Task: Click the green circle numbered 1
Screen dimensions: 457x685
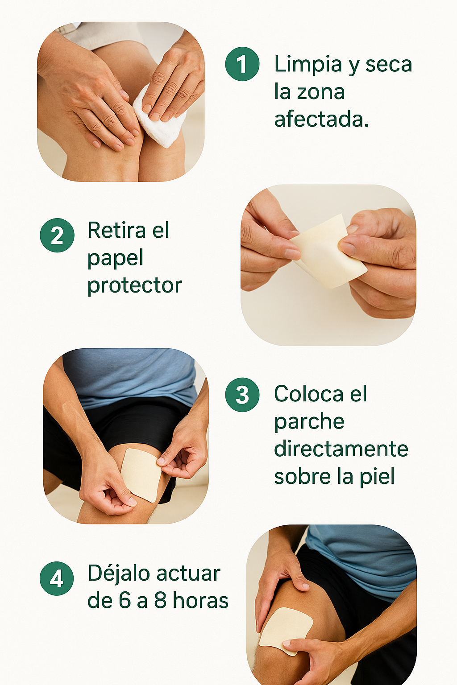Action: [242, 64]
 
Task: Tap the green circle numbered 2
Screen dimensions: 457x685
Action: [57, 235]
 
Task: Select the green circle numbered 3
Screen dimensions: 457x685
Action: [242, 395]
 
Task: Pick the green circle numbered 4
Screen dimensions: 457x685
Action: [57, 578]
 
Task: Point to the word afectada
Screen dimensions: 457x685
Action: [321, 119]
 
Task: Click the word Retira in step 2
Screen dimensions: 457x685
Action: [116, 230]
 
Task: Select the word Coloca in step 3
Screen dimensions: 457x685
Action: [309, 394]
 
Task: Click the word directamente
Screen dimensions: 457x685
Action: [341, 449]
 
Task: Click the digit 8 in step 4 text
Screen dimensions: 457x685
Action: [160, 600]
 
